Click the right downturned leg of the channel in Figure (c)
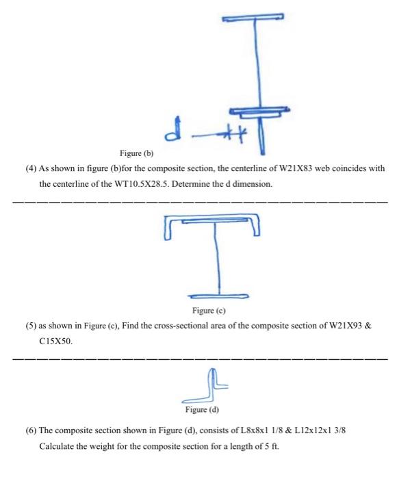pos(258,225)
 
